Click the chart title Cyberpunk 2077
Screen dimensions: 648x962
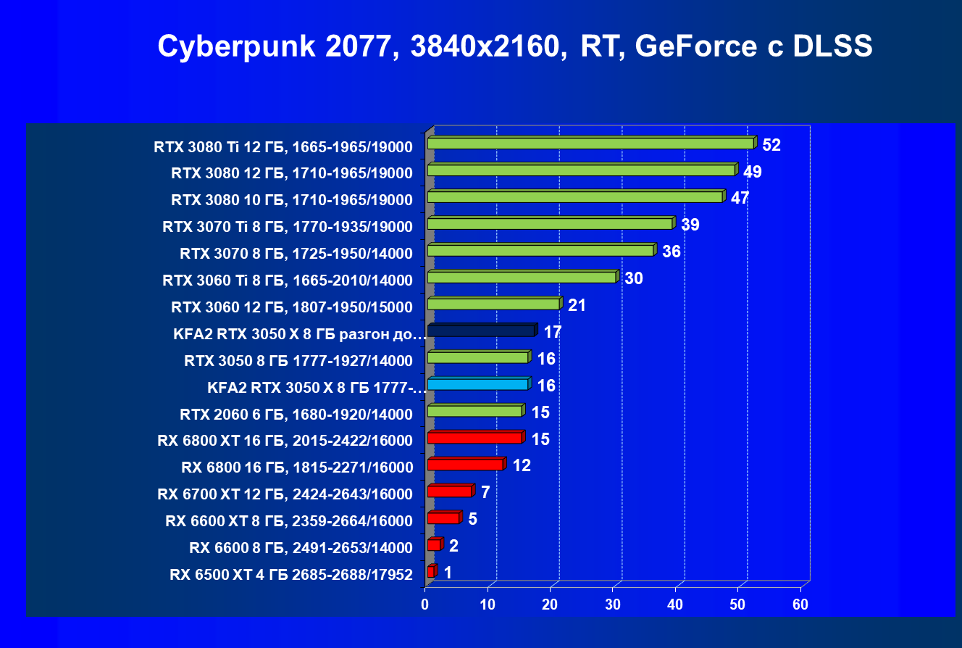pyautogui.click(x=514, y=46)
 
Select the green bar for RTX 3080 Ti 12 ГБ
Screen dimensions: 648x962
pyautogui.click(x=590, y=144)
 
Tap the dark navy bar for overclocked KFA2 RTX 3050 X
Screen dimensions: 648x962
pyautogui.click(x=481, y=331)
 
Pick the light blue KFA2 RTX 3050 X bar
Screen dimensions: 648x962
pyautogui.click(x=478, y=385)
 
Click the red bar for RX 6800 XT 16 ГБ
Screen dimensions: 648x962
pyautogui.click(x=474, y=439)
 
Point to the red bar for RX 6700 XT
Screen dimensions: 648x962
pyautogui.click(x=449, y=492)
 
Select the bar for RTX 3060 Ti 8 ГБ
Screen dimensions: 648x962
pyautogui.click(x=522, y=278)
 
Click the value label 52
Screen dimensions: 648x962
pyautogui.click(x=771, y=145)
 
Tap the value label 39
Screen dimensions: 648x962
pyautogui.click(x=690, y=225)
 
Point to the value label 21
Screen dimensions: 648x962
pyautogui.click(x=577, y=305)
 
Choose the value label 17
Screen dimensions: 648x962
pyautogui.click(x=552, y=332)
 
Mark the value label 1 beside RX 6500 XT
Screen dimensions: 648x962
pyautogui.click(x=448, y=573)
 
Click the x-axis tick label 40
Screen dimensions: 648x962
pyautogui.click(x=675, y=605)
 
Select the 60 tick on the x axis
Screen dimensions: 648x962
pyautogui.click(x=800, y=605)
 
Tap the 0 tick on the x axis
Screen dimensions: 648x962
pyautogui.click(x=425, y=605)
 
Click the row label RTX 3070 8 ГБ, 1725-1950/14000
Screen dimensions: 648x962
pyautogui.click(x=296, y=254)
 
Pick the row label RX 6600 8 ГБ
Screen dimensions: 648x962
pyautogui.click(x=301, y=547)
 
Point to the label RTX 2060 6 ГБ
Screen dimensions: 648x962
pyautogui.click(x=296, y=415)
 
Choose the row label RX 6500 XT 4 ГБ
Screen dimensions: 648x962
pyautogui.click(x=291, y=576)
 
